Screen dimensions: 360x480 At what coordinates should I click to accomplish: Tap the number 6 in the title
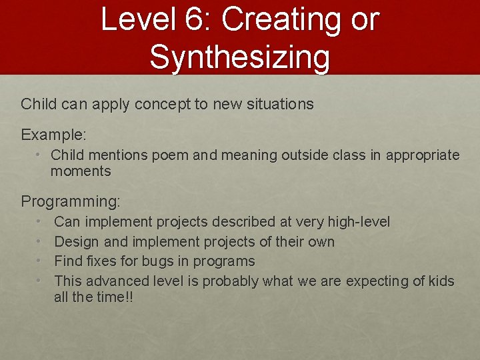[197, 20]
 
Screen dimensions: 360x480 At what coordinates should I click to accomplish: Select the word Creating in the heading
[278, 20]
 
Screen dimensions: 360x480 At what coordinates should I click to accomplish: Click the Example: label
[53, 135]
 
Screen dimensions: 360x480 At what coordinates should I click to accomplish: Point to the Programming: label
[71, 201]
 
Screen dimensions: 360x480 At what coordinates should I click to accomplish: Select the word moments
[80, 171]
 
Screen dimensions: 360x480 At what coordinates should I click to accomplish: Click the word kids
[439, 281]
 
